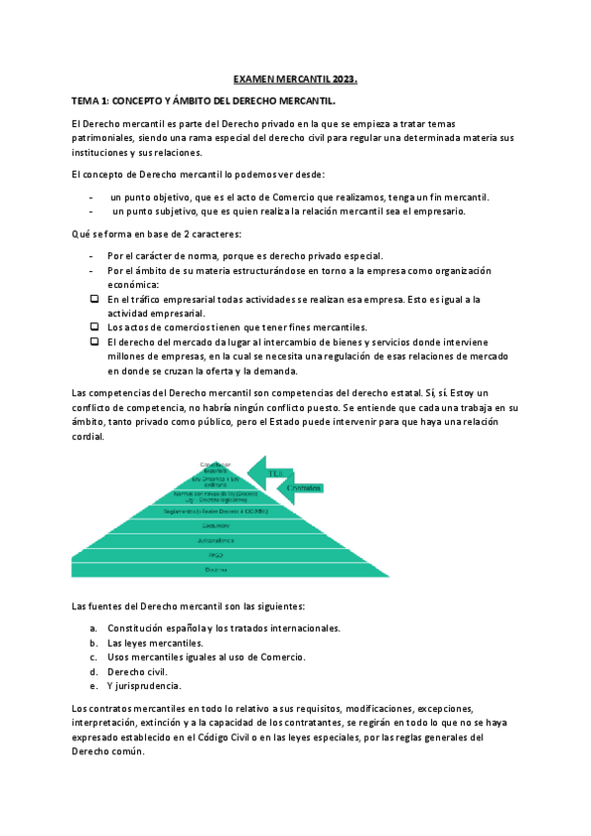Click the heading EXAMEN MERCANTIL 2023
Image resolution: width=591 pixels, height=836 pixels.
point(295,78)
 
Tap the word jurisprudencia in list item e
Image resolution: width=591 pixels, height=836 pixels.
point(147,685)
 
